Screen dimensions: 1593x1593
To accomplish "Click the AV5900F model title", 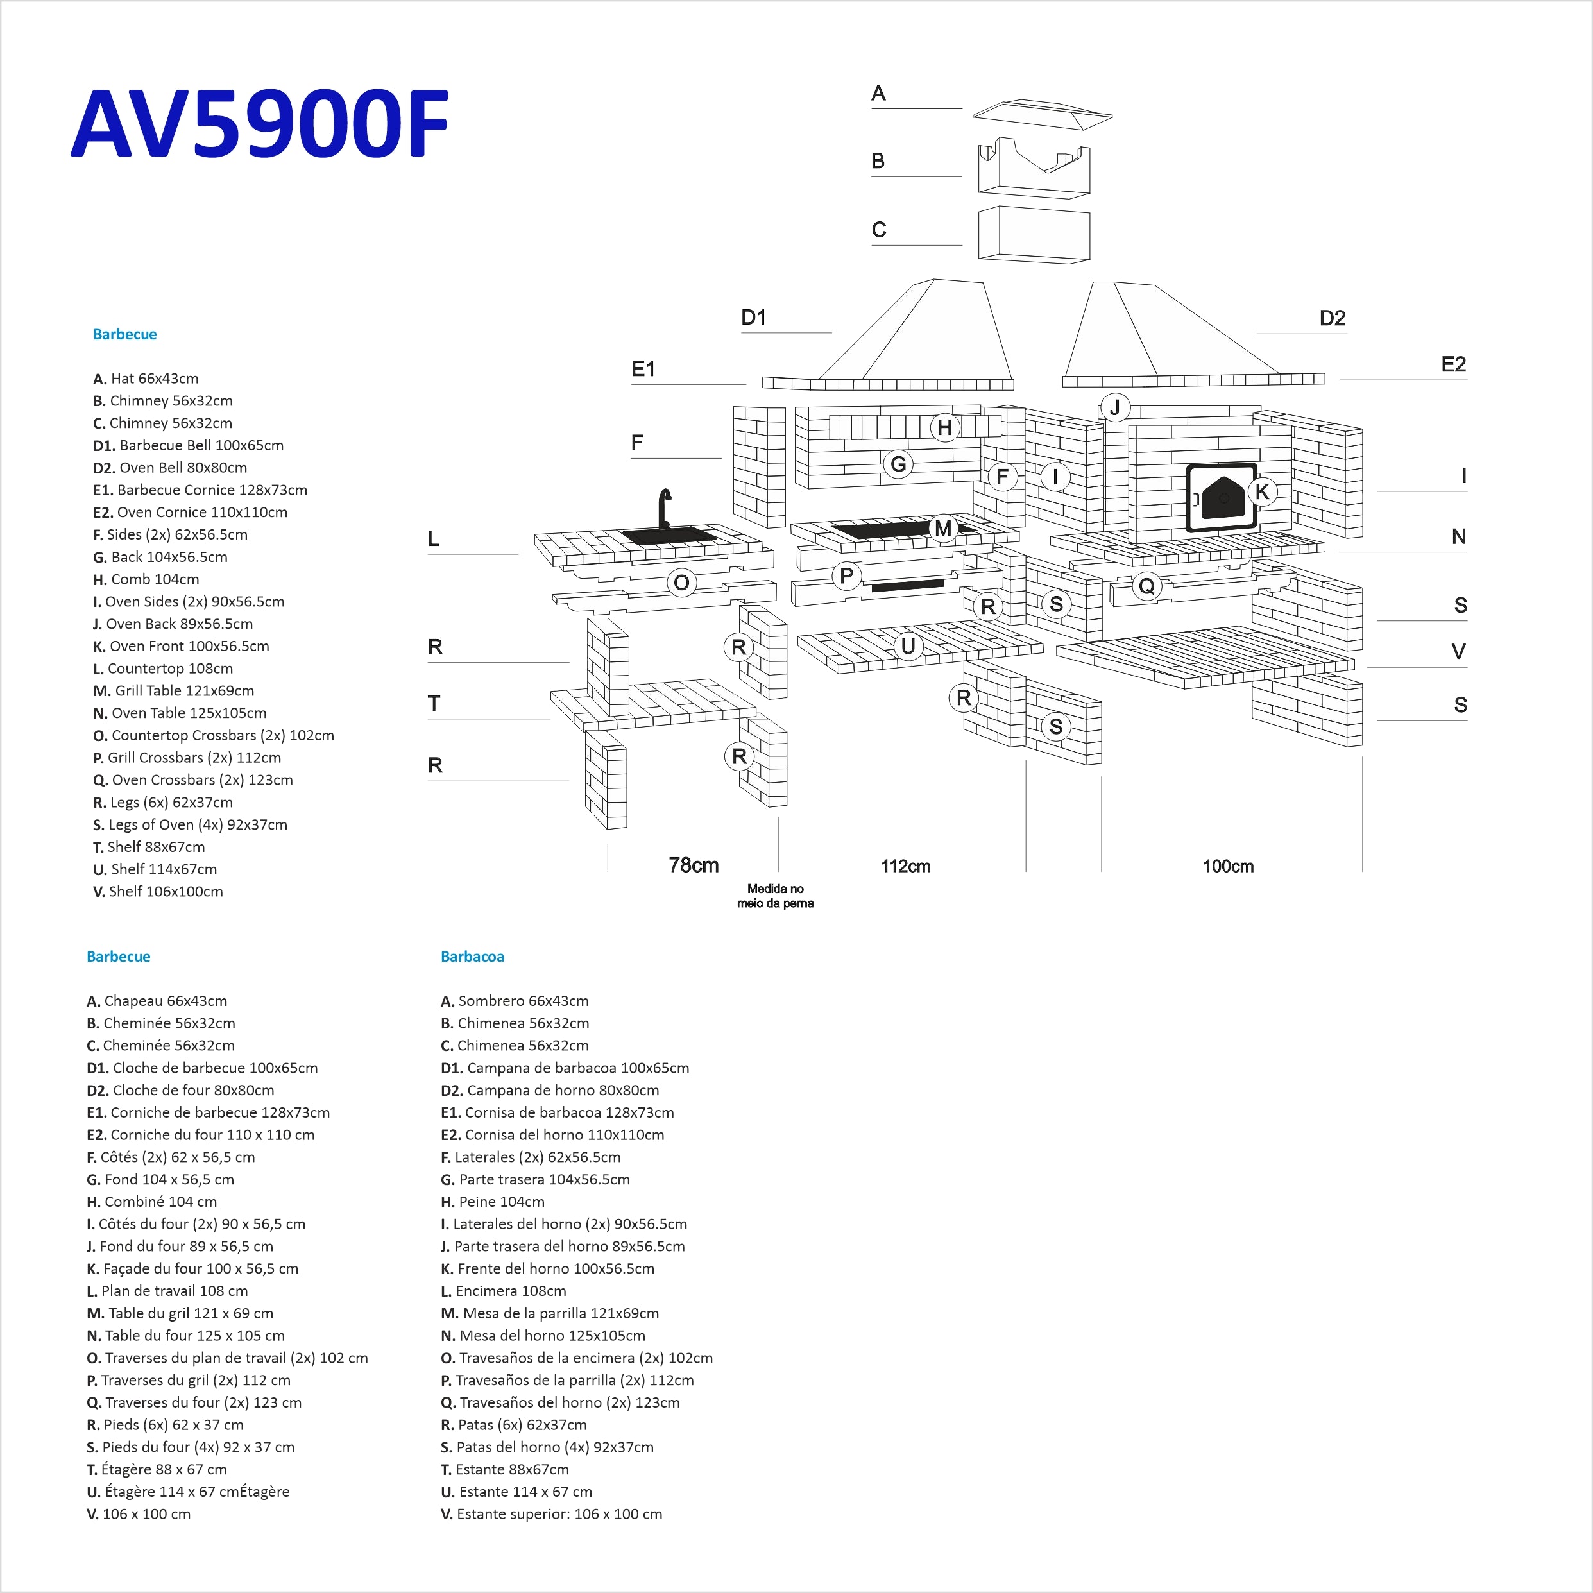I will pos(260,124).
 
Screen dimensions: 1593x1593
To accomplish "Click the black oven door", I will pos(1221,498).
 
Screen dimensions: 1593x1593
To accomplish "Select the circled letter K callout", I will pos(1261,492).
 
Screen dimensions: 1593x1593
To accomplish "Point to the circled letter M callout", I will pos(943,529).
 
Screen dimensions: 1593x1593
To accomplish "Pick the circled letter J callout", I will pos(1115,407).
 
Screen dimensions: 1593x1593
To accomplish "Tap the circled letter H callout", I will pos(945,428).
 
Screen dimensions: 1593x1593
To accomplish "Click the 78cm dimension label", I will pos(694,865).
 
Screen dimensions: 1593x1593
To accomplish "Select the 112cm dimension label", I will pos(905,865).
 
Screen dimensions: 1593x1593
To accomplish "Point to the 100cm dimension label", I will pos(1228,865).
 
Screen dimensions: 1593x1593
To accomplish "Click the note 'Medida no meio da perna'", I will pos(775,896).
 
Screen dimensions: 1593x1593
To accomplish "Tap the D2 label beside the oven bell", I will pos(1333,318).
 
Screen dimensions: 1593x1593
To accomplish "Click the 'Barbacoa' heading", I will pos(472,957).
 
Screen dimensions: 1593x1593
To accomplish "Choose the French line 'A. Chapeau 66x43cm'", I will pos(157,1001).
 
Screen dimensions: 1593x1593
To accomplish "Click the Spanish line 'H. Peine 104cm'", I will pos(493,1202).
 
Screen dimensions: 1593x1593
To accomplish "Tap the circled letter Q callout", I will pos(1146,586).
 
